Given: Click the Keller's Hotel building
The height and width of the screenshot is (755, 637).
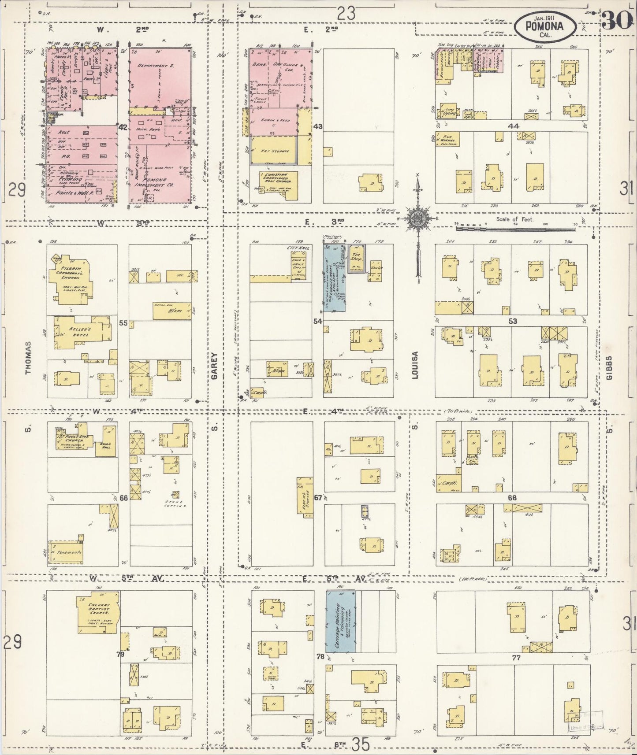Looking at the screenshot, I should (x=79, y=333).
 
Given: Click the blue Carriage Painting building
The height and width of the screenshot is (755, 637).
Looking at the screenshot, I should (x=341, y=622).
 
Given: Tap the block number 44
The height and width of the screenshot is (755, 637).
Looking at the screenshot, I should (x=513, y=126).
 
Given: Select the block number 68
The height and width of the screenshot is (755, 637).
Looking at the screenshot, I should (x=512, y=498).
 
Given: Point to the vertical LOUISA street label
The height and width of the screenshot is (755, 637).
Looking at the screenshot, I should (x=415, y=365).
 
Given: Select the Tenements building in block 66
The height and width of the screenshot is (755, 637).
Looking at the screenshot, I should (x=66, y=551).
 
